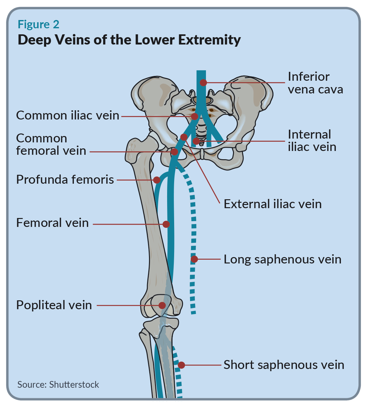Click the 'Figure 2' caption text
click(39, 24)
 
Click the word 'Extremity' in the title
click(209, 40)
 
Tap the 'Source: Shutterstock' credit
click(58, 385)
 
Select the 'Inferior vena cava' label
click(315, 83)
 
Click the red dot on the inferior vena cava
click(203, 83)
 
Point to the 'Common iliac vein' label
click(67, 115)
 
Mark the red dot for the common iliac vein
click(195, 117)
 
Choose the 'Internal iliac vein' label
click(312, 141)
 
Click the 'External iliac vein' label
click(272, 204)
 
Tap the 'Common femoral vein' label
click(51, 145)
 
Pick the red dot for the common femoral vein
click(174, 152)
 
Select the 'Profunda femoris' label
click(65, 180)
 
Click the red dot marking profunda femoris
click(157, 180)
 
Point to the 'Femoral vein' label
click(53, 223)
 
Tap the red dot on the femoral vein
click(166, 224)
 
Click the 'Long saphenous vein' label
click(282, 260)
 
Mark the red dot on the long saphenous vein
click(194, 259)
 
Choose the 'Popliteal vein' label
click(54, 305)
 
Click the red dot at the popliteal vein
click(162, 305)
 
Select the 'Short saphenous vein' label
click(284, 365)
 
